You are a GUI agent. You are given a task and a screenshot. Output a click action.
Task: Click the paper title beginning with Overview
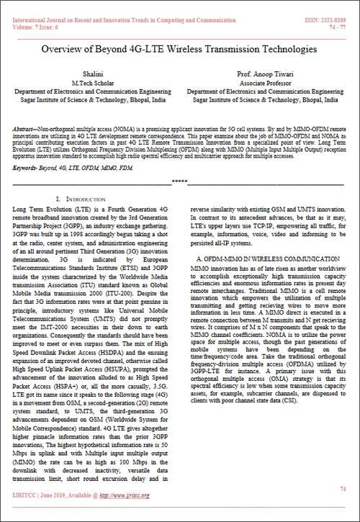[179, 50]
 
